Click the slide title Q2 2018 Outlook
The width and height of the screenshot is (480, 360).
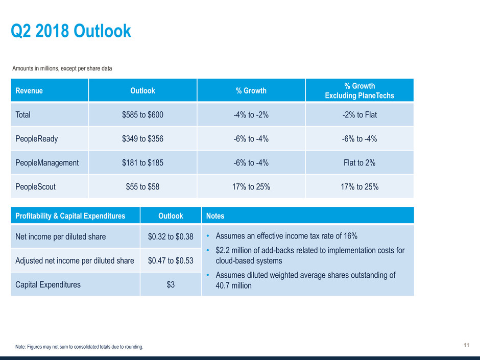click(71, 32)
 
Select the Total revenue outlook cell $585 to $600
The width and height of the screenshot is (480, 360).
click(142, 115)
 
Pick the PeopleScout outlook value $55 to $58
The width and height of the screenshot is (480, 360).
click(142, 187)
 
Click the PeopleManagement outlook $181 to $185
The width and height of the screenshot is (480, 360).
click(142, 163)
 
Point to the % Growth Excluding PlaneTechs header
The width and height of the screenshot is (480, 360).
click(359, 91)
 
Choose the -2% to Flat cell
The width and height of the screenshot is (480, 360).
click(359, 115)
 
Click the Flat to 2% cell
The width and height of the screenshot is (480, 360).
click(359, 163)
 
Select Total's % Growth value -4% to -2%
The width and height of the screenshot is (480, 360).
click(251, 115)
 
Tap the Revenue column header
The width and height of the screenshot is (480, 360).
click(29, 91)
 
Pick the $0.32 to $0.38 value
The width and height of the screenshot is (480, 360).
click(171, 236)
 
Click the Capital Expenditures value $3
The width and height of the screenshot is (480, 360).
click(171, 285)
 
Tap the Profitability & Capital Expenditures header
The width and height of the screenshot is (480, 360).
click(68, 216)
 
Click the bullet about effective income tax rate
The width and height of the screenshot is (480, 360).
click(286, 236)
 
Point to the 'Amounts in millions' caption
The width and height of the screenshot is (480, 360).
click(62, 68)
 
